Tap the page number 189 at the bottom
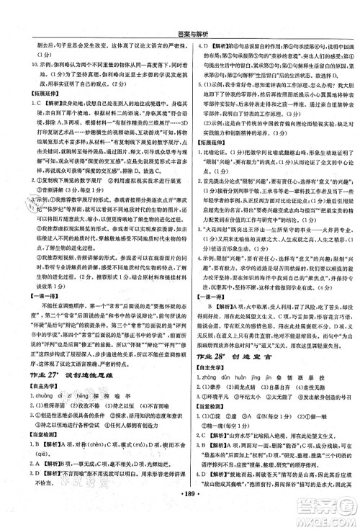pyautogui.click(x=180, y=521)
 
